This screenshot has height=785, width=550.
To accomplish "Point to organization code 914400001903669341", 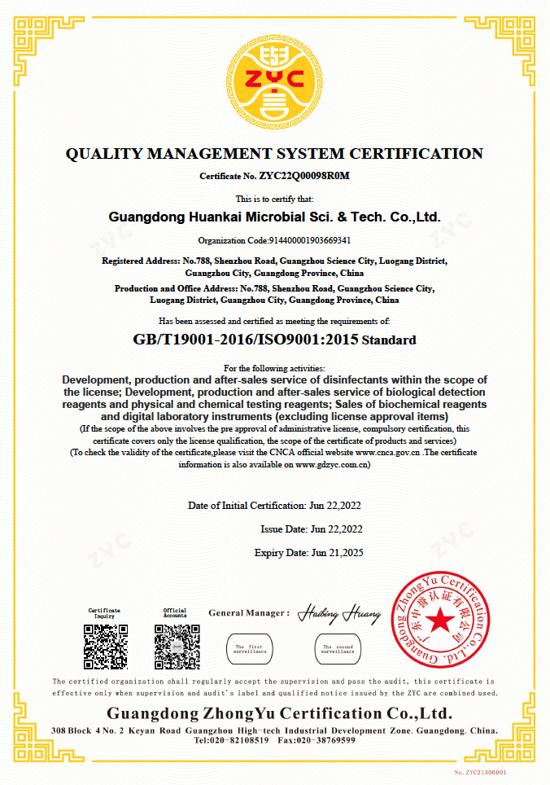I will coord(308,240).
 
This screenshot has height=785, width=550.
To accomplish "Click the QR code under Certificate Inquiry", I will coord(105,647).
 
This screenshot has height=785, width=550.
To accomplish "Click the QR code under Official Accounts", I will coord(177,647).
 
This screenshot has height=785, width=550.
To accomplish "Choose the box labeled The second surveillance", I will coord(337,649).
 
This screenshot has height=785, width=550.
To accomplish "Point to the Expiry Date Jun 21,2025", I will coord(337,553).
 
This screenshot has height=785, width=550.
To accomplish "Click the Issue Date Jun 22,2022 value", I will coord(337,529).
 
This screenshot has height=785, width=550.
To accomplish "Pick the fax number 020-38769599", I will coord(327,740).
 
